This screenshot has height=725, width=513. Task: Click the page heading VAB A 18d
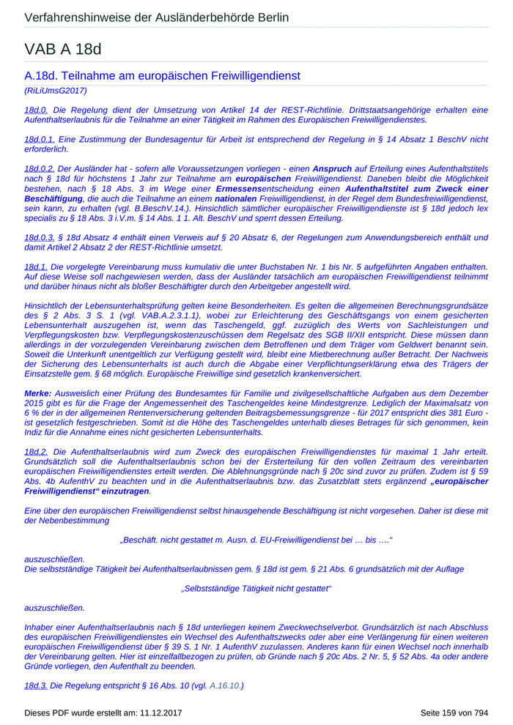coord(62,49)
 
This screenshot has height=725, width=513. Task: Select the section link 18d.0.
coord(36,110)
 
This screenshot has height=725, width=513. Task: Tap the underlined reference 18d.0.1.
coord(40,139)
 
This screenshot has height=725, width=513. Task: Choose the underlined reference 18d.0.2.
coord(40,168)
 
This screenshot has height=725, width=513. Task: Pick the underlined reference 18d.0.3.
coord(40,237)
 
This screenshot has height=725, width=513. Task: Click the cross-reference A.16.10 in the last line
coord(224,685)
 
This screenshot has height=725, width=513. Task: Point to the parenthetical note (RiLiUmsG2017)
coord(56,91)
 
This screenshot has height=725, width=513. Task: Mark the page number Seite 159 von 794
coord(454,712)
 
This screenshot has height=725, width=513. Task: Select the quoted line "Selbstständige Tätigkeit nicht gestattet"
coord(256,588)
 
